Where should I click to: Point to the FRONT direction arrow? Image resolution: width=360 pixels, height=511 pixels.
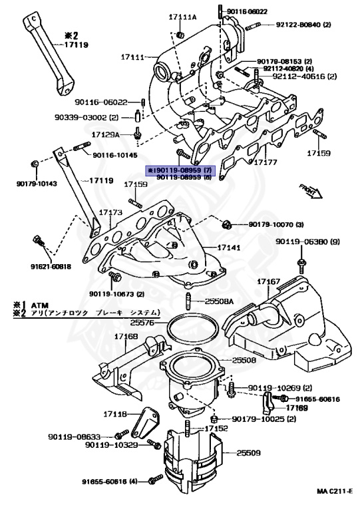[x=309, y=191]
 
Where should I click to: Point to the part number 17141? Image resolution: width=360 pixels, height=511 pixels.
[x=230, y=247]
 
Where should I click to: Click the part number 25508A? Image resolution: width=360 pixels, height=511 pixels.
[x=219, y=301]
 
